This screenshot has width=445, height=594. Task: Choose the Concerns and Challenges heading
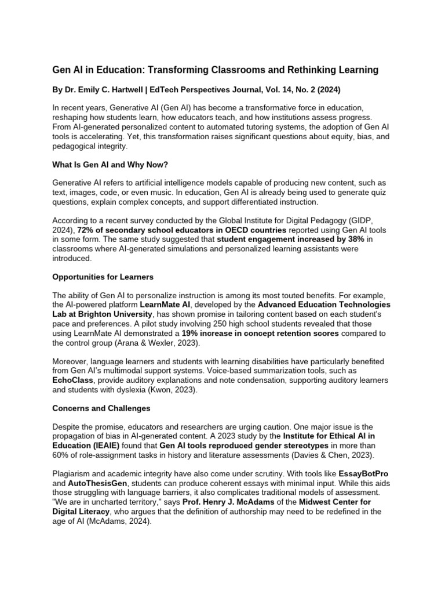pyautogui.click(x=101, y=408)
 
